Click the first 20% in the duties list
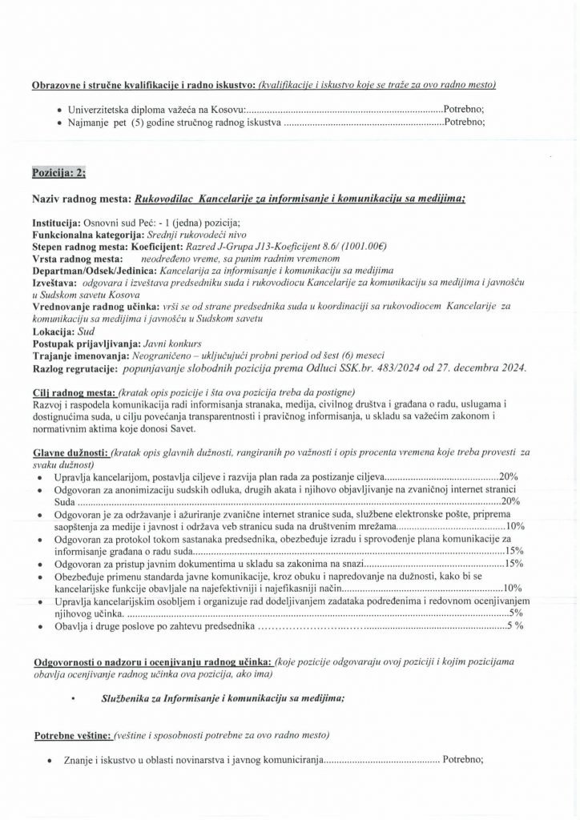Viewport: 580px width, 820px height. click(510, 476)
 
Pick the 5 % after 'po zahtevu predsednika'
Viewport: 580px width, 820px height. click(515, 625)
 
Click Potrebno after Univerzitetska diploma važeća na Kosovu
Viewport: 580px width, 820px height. click(464, 110)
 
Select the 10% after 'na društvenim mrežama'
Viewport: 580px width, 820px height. click(515, 527)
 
